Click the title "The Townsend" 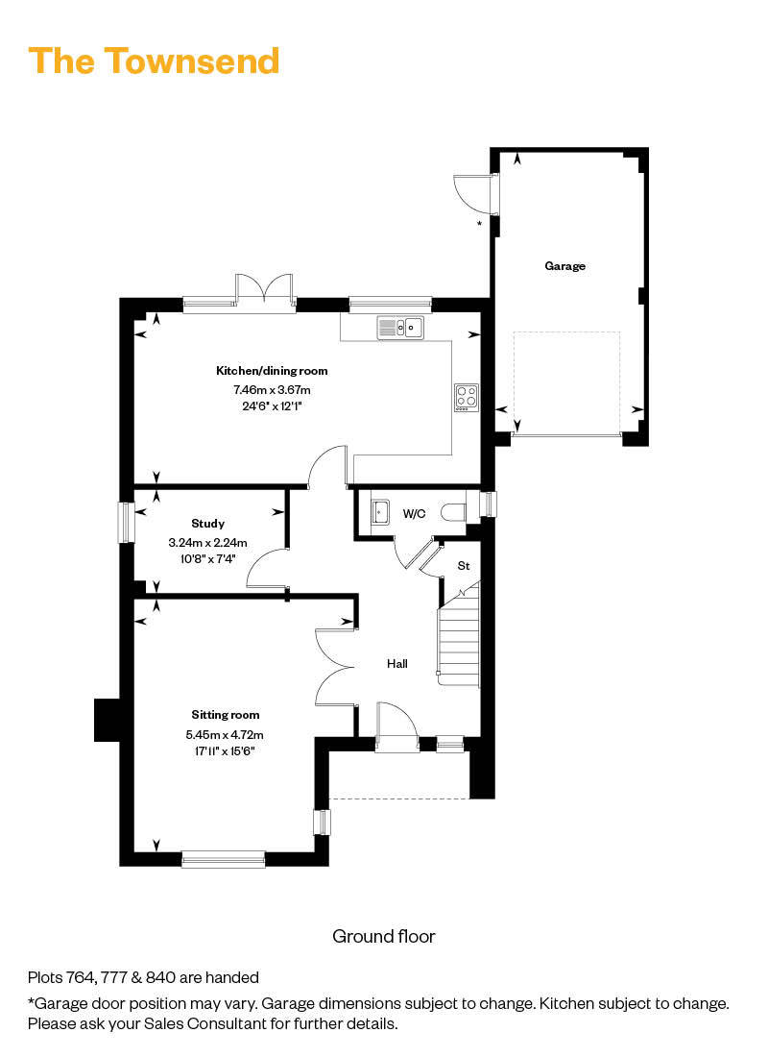tap(155, 61)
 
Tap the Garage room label tap(564, 266)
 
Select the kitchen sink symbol tap(400, 329)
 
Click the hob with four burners tap(466, 397)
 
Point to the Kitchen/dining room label tap(272, 371)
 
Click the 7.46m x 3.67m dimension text tap(272, 390)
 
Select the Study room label tap(207, 524)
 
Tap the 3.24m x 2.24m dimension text tap(207, 543)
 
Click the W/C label tap(414, 514)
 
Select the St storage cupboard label tap(463, 566)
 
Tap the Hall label tap(397, 663)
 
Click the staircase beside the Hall tap(460, 636)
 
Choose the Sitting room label tap(226, 715)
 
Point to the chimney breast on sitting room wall tap(106, 720)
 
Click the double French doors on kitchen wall tap(264, 291)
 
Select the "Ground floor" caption tap(384, 936)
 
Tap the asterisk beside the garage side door tap(479, 225)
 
